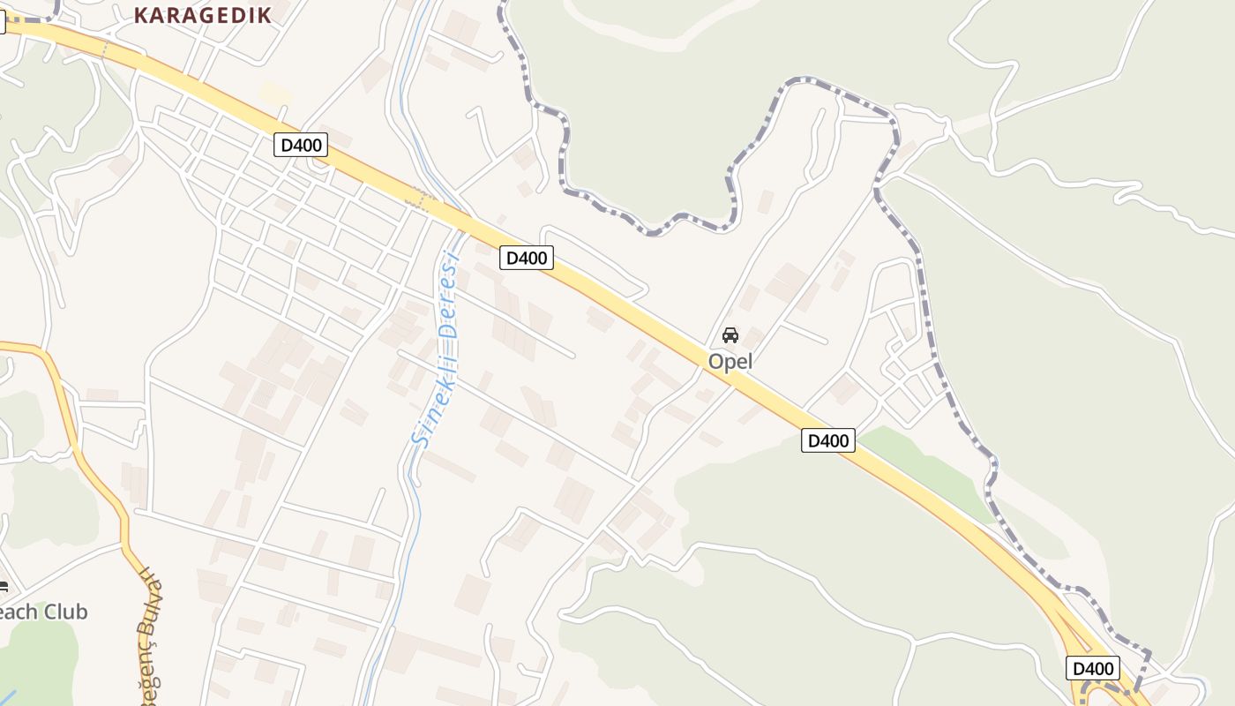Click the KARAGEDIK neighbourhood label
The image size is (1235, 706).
(203, 14)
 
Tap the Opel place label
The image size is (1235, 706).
(730, 362)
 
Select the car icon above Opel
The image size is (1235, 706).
(730, 335)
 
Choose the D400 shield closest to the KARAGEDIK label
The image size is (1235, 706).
(301, 145)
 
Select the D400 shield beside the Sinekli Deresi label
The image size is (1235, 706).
(527, 258)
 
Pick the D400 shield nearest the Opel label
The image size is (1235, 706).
(828, 440)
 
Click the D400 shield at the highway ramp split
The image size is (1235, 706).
(1093, 668)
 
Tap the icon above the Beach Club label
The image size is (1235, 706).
(3, 587)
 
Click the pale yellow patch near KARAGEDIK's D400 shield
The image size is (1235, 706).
(275, 93)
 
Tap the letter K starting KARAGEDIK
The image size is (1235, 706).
(140, 14)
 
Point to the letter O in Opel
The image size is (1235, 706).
(715, 362)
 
